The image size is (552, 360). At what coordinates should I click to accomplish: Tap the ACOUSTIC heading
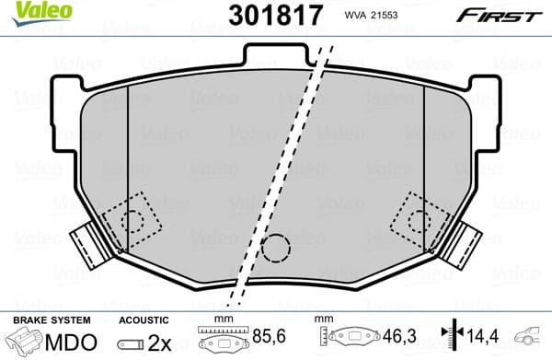(x=144, y=319)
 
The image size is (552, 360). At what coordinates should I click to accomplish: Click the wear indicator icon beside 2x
(x=129, y=343)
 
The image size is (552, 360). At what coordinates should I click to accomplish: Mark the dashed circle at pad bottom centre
(x=274, y=248)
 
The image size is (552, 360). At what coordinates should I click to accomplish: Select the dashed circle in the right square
(x=418, y=220)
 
